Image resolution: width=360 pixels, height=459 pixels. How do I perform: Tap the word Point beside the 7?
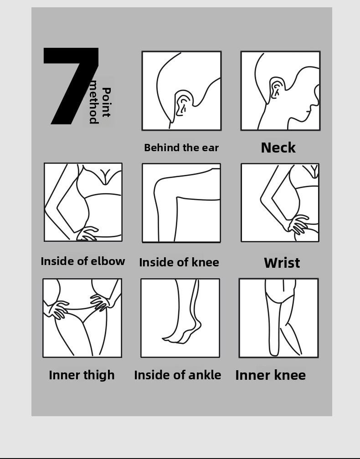(x=106, y=102)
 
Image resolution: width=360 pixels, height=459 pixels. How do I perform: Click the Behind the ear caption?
(x=181, y=148)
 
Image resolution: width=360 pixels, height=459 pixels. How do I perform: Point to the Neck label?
(x=278, y=148)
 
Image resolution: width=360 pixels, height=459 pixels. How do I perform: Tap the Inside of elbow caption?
(x=83, y=261)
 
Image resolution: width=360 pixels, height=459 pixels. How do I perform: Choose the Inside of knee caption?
(x=179, y=262)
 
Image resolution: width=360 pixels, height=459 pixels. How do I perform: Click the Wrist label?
(x=282, y=263)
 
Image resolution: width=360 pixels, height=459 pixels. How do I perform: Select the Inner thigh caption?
(x=82, y=375)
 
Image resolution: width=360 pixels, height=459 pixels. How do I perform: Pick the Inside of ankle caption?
(x=178, y=375)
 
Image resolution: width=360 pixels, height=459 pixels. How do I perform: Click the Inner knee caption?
(x=270, y=375)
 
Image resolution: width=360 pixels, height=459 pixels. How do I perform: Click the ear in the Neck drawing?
(x=277, y=88)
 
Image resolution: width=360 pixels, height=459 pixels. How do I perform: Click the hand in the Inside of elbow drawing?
(x=87, y=234)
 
